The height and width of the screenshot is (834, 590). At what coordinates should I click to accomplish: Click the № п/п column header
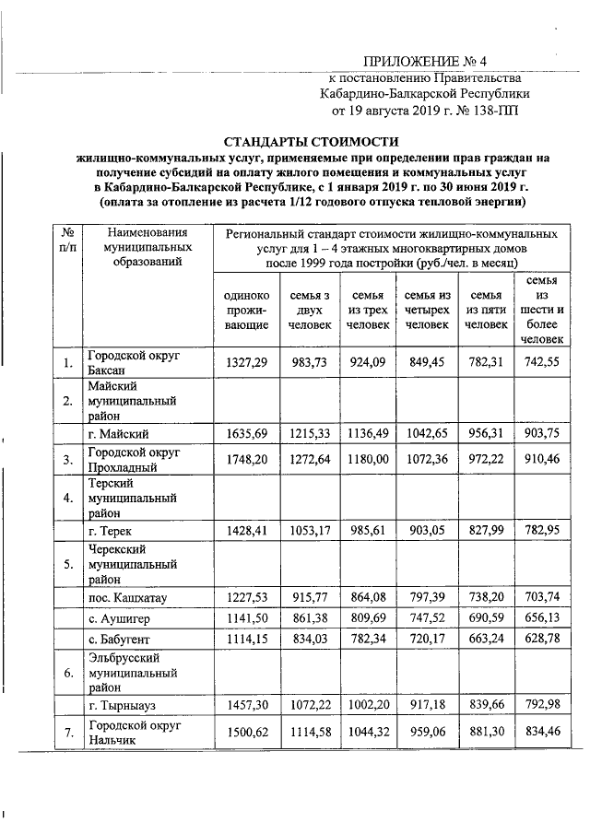[67, 241]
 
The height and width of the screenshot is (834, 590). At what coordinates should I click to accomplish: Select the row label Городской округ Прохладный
[133, 459]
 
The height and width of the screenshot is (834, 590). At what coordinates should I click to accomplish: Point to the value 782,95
[542, 530]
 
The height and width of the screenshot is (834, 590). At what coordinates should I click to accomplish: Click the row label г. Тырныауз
[120, 706]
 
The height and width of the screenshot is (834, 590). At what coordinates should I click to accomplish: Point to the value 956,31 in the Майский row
[485, 433]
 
